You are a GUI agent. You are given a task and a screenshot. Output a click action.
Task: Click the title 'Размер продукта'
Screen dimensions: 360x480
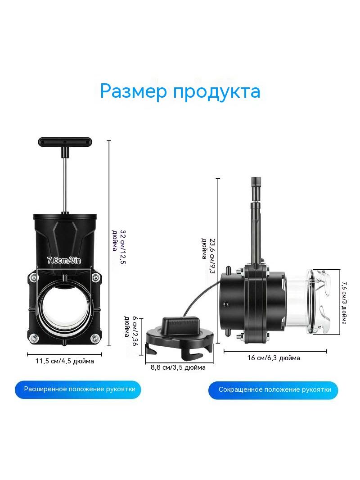180,91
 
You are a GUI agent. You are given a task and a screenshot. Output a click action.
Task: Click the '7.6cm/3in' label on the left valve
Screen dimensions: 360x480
64,261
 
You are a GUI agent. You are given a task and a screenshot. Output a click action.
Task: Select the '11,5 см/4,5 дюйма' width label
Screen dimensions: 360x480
64,361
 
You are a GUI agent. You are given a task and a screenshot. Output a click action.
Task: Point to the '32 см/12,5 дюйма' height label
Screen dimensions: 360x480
119,247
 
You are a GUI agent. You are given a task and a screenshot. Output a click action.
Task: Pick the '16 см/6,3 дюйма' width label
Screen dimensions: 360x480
274,358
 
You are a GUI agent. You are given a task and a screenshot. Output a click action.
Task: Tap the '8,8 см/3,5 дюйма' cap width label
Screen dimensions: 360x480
178,367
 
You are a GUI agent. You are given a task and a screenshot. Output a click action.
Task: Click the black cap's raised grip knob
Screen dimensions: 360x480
181,325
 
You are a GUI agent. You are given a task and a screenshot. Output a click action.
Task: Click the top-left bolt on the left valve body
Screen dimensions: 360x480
32,278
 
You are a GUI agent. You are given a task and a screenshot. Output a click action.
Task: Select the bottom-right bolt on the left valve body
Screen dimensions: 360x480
96,339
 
